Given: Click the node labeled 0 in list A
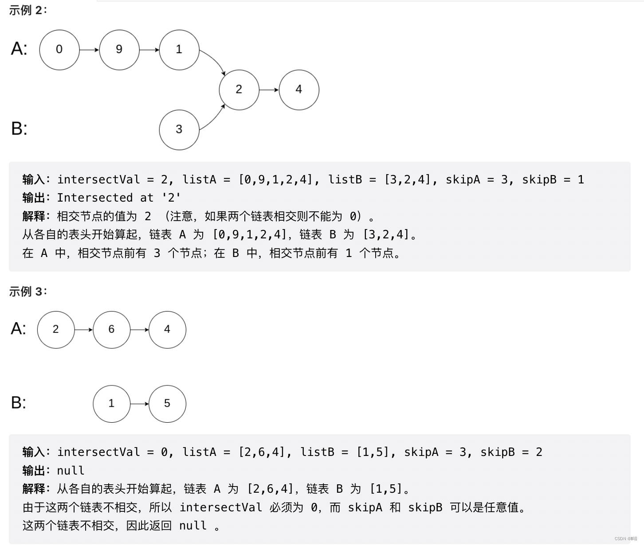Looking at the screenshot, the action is [59, 50].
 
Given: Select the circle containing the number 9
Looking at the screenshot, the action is [119, 50].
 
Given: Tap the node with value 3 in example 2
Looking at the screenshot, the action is [179, 130].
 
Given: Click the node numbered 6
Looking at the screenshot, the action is [112, 330].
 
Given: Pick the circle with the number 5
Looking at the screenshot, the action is [167, 404].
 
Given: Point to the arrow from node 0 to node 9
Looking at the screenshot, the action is [89, 50].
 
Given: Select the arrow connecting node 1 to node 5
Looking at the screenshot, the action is [140, 404].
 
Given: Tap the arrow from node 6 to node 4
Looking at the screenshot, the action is [140, 330].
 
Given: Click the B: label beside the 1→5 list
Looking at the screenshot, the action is [19, 403].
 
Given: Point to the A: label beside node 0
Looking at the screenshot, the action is [19, 49].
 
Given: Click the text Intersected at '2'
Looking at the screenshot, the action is [119, 198].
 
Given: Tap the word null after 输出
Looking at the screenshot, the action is [71, 470].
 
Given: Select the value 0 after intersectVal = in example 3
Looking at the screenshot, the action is [165, 452].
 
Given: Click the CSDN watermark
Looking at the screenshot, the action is [625, 539].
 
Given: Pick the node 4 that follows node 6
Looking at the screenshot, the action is [167, 330].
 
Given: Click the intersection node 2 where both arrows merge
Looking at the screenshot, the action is [239, 90].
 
